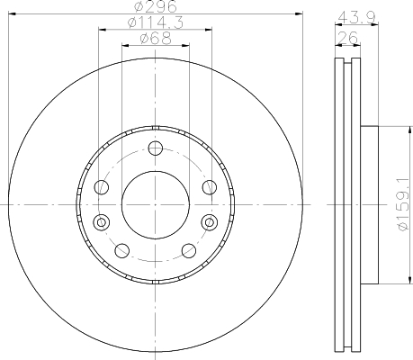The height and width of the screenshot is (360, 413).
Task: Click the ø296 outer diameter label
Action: [156, 6]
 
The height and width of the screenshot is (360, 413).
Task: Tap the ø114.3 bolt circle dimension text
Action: [156, 22]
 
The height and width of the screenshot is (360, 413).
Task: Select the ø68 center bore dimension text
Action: [156, 39]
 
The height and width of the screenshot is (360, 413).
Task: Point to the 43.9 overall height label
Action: [356, 18]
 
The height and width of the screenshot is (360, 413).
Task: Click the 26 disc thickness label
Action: [348, 38]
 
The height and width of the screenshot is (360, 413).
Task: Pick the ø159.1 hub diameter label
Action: [404, 204]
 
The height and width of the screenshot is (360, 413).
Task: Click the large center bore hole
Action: [156, 205]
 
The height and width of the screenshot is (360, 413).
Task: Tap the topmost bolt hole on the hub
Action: [156, 148]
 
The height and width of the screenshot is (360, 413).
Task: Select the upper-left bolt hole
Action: [102, 187]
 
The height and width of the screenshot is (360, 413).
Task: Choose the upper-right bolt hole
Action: [210, 187]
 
